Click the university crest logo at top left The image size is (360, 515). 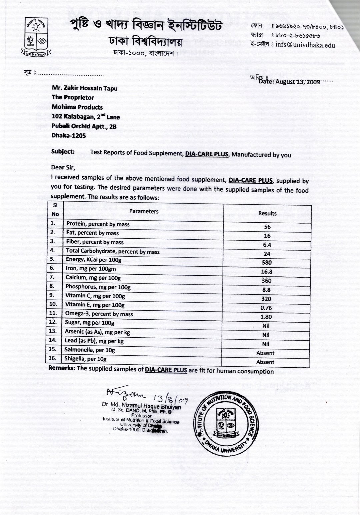pos(37,37)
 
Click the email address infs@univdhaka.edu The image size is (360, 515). pos(305,45)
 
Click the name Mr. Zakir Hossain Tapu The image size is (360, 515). pos(85,88)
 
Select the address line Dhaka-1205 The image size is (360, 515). pos(69,136)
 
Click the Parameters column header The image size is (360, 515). pos(144,211)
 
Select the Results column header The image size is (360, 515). pos(267,213)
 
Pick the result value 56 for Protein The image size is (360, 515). pos(267,227)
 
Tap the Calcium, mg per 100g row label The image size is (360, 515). pos(93,278)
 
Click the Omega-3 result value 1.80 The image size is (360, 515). pos(266,317)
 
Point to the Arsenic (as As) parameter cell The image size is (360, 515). pos(98,332)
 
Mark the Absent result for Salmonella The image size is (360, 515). pos(265,353)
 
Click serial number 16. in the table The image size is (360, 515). pos(53,359)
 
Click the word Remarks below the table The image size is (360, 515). pos(62,368)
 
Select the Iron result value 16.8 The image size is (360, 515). pos(267,272)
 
